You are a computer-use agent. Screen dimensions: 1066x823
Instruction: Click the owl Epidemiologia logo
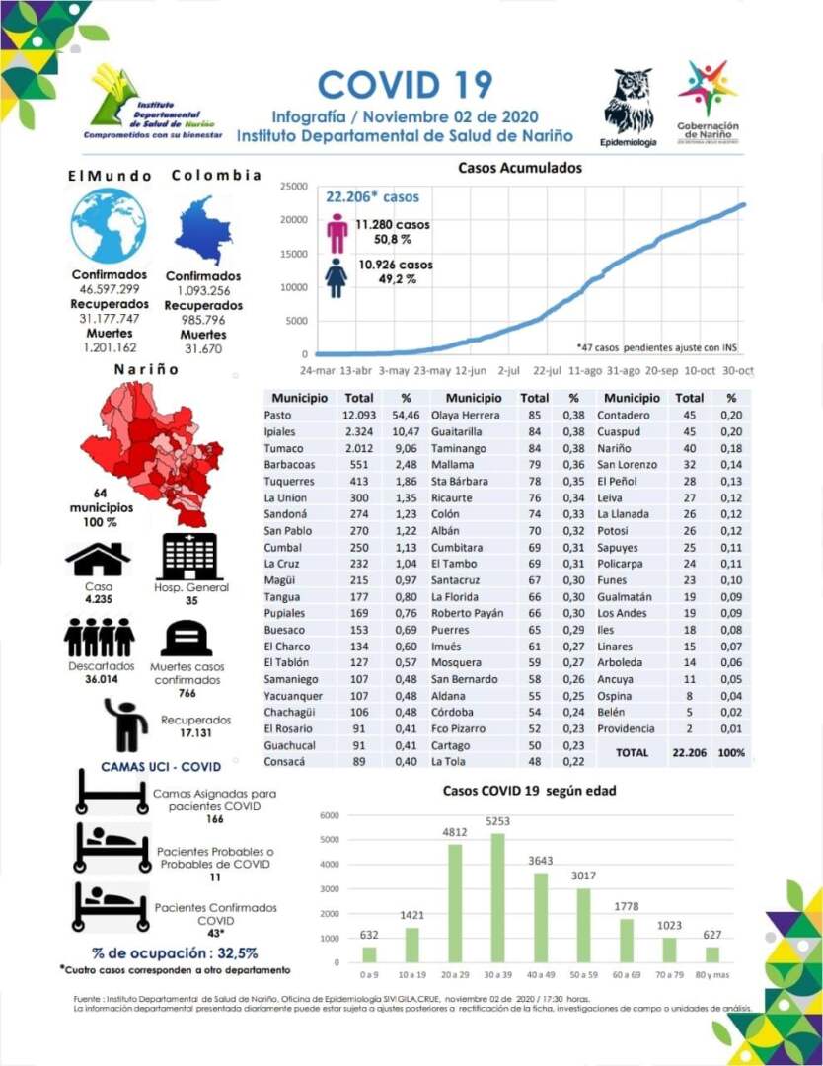click(629, 102)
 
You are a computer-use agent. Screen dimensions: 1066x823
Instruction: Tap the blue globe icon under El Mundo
click(109, 226)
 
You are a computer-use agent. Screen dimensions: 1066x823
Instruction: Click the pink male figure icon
click(337, 233)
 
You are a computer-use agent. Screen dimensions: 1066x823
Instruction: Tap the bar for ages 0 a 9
click(369, 953)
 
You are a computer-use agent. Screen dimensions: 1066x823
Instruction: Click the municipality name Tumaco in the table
click(284, 448)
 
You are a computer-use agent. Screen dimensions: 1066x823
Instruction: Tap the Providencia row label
click(626, 728)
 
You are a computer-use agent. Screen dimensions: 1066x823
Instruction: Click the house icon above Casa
click(98, 561)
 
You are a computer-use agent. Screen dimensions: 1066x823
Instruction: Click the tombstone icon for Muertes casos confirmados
click(186, 640)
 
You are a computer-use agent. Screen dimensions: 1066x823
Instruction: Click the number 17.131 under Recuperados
click(195, 734)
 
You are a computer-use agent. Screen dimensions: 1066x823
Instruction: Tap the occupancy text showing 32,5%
click(176, 952)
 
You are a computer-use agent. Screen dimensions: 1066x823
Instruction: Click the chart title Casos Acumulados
click(520, 168)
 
